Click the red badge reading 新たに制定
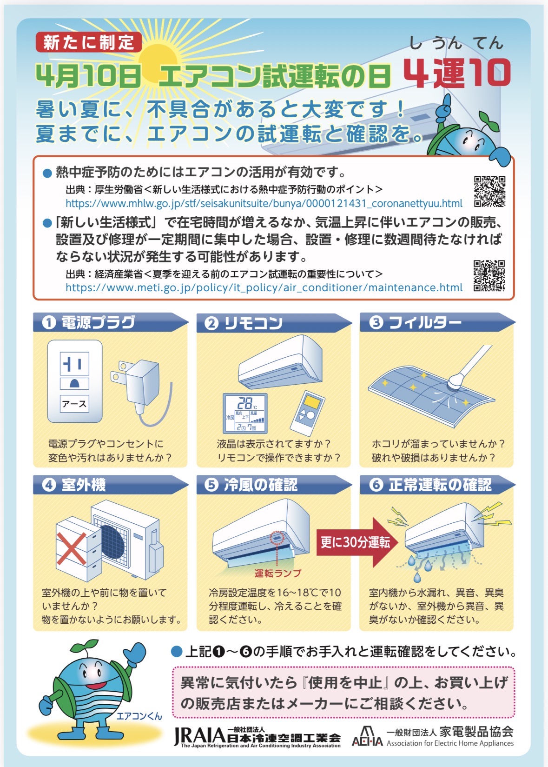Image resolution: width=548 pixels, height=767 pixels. (88, 42)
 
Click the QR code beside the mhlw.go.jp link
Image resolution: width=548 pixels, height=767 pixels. (489, 191)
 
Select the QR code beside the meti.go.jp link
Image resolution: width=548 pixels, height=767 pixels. (489, 275)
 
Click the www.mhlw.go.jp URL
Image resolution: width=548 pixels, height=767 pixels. (264, 203)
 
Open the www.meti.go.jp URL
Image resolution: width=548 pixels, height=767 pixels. (264, 287)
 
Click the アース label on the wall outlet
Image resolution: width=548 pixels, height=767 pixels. (74, 404)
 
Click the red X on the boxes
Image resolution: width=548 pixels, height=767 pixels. (71, 548)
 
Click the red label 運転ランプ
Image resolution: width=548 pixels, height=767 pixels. (277, 574)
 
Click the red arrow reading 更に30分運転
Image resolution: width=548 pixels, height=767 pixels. (356, 542)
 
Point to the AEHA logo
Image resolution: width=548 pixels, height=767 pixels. (367, 736)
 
